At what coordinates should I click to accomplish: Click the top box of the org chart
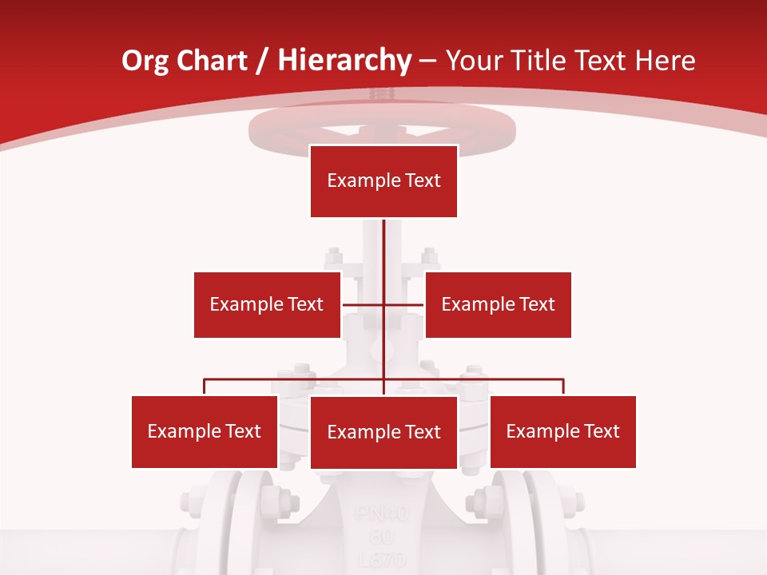(383, 180)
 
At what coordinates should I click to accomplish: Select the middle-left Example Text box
(267, 304)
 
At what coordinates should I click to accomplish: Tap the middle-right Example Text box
(498, 304)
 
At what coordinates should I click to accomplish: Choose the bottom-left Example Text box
(205, 431)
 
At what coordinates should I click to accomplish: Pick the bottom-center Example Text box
(383, 432)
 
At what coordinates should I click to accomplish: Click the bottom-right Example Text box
(562, 431)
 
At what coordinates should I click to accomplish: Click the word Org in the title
(145, 61)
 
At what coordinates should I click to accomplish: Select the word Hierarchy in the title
(344, 61)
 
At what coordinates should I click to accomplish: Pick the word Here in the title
(664, 61)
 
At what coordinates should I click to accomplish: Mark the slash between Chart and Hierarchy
(263, 61)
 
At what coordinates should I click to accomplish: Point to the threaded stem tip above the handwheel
(383, 95)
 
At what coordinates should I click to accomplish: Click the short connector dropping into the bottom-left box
(205, 387)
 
